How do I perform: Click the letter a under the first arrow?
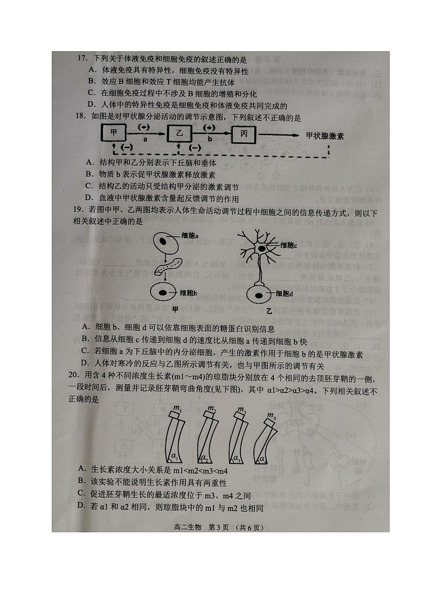tap(145, 139)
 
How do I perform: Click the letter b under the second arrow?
tap(210, 139)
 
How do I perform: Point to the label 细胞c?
tap(288, 246)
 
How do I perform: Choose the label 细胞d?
tap(285, 294)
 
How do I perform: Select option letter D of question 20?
tap(80, 505)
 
